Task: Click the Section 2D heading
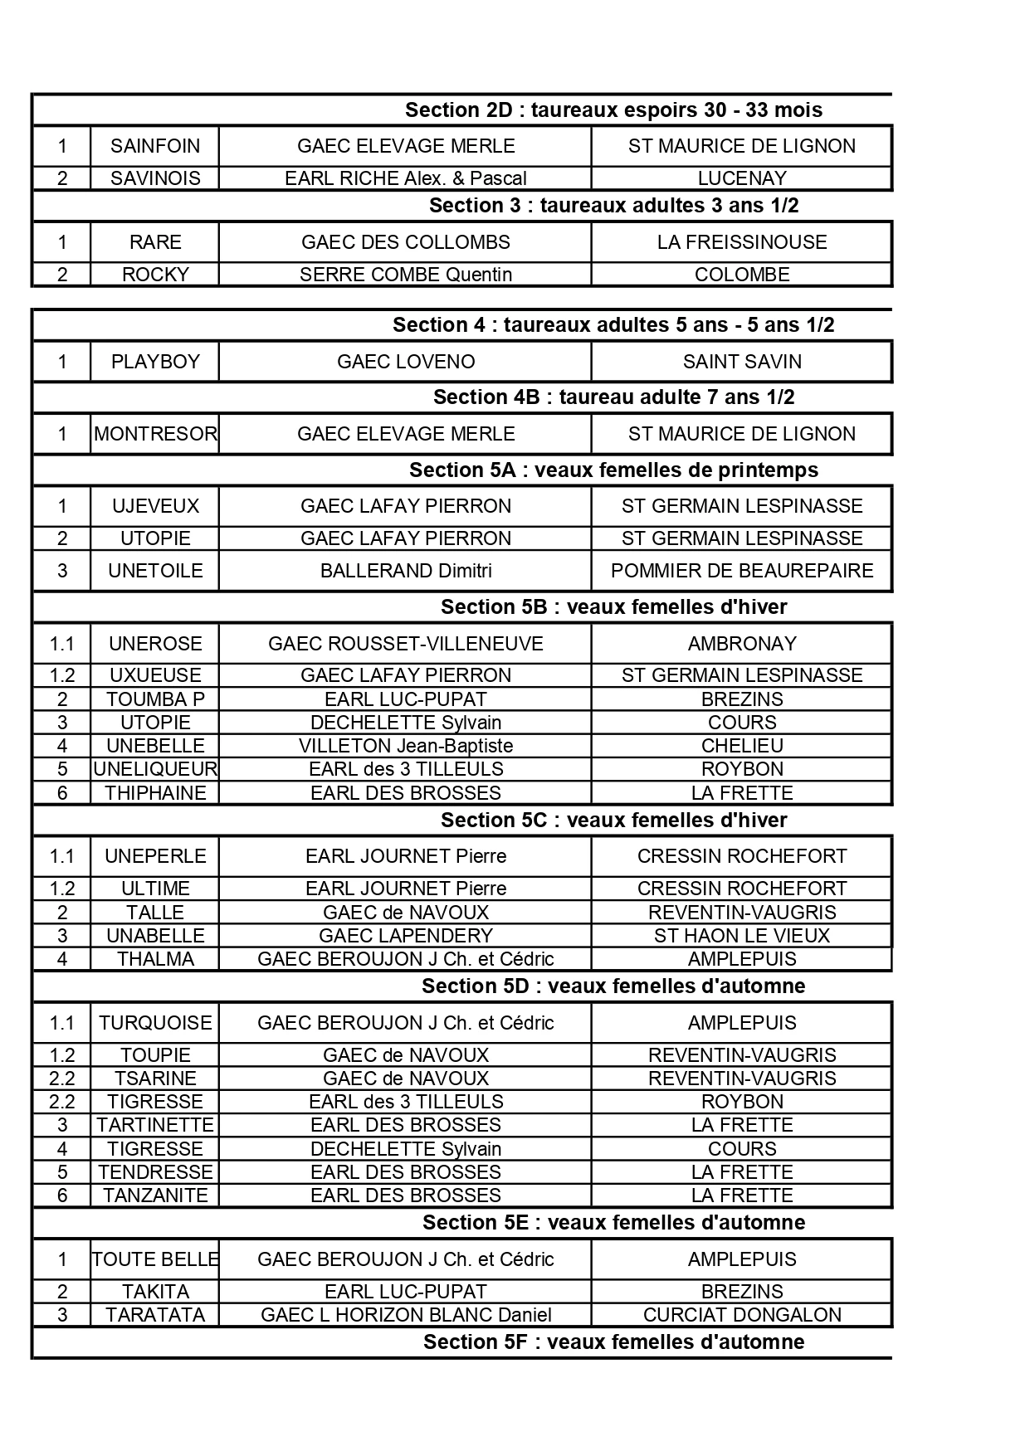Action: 613,110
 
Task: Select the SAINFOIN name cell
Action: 155,146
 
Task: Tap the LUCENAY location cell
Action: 742,178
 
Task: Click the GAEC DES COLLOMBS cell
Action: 406,242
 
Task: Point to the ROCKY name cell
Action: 155,275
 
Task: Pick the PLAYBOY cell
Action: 155,362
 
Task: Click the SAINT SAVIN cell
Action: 742,362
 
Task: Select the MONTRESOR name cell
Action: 155,434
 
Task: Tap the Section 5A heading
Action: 613,470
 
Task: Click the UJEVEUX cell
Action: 155,506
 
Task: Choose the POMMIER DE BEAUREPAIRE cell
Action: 742,571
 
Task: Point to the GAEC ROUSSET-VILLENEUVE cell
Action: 406,644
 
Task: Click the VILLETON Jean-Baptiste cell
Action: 406,746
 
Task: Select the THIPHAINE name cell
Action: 155,793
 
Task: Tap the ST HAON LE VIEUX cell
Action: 742,936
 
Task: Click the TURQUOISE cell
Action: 155,1023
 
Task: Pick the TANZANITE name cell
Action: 155,1195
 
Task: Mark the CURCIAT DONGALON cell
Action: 742,1315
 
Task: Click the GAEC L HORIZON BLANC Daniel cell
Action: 406,1315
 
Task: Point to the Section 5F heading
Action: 613,1342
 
